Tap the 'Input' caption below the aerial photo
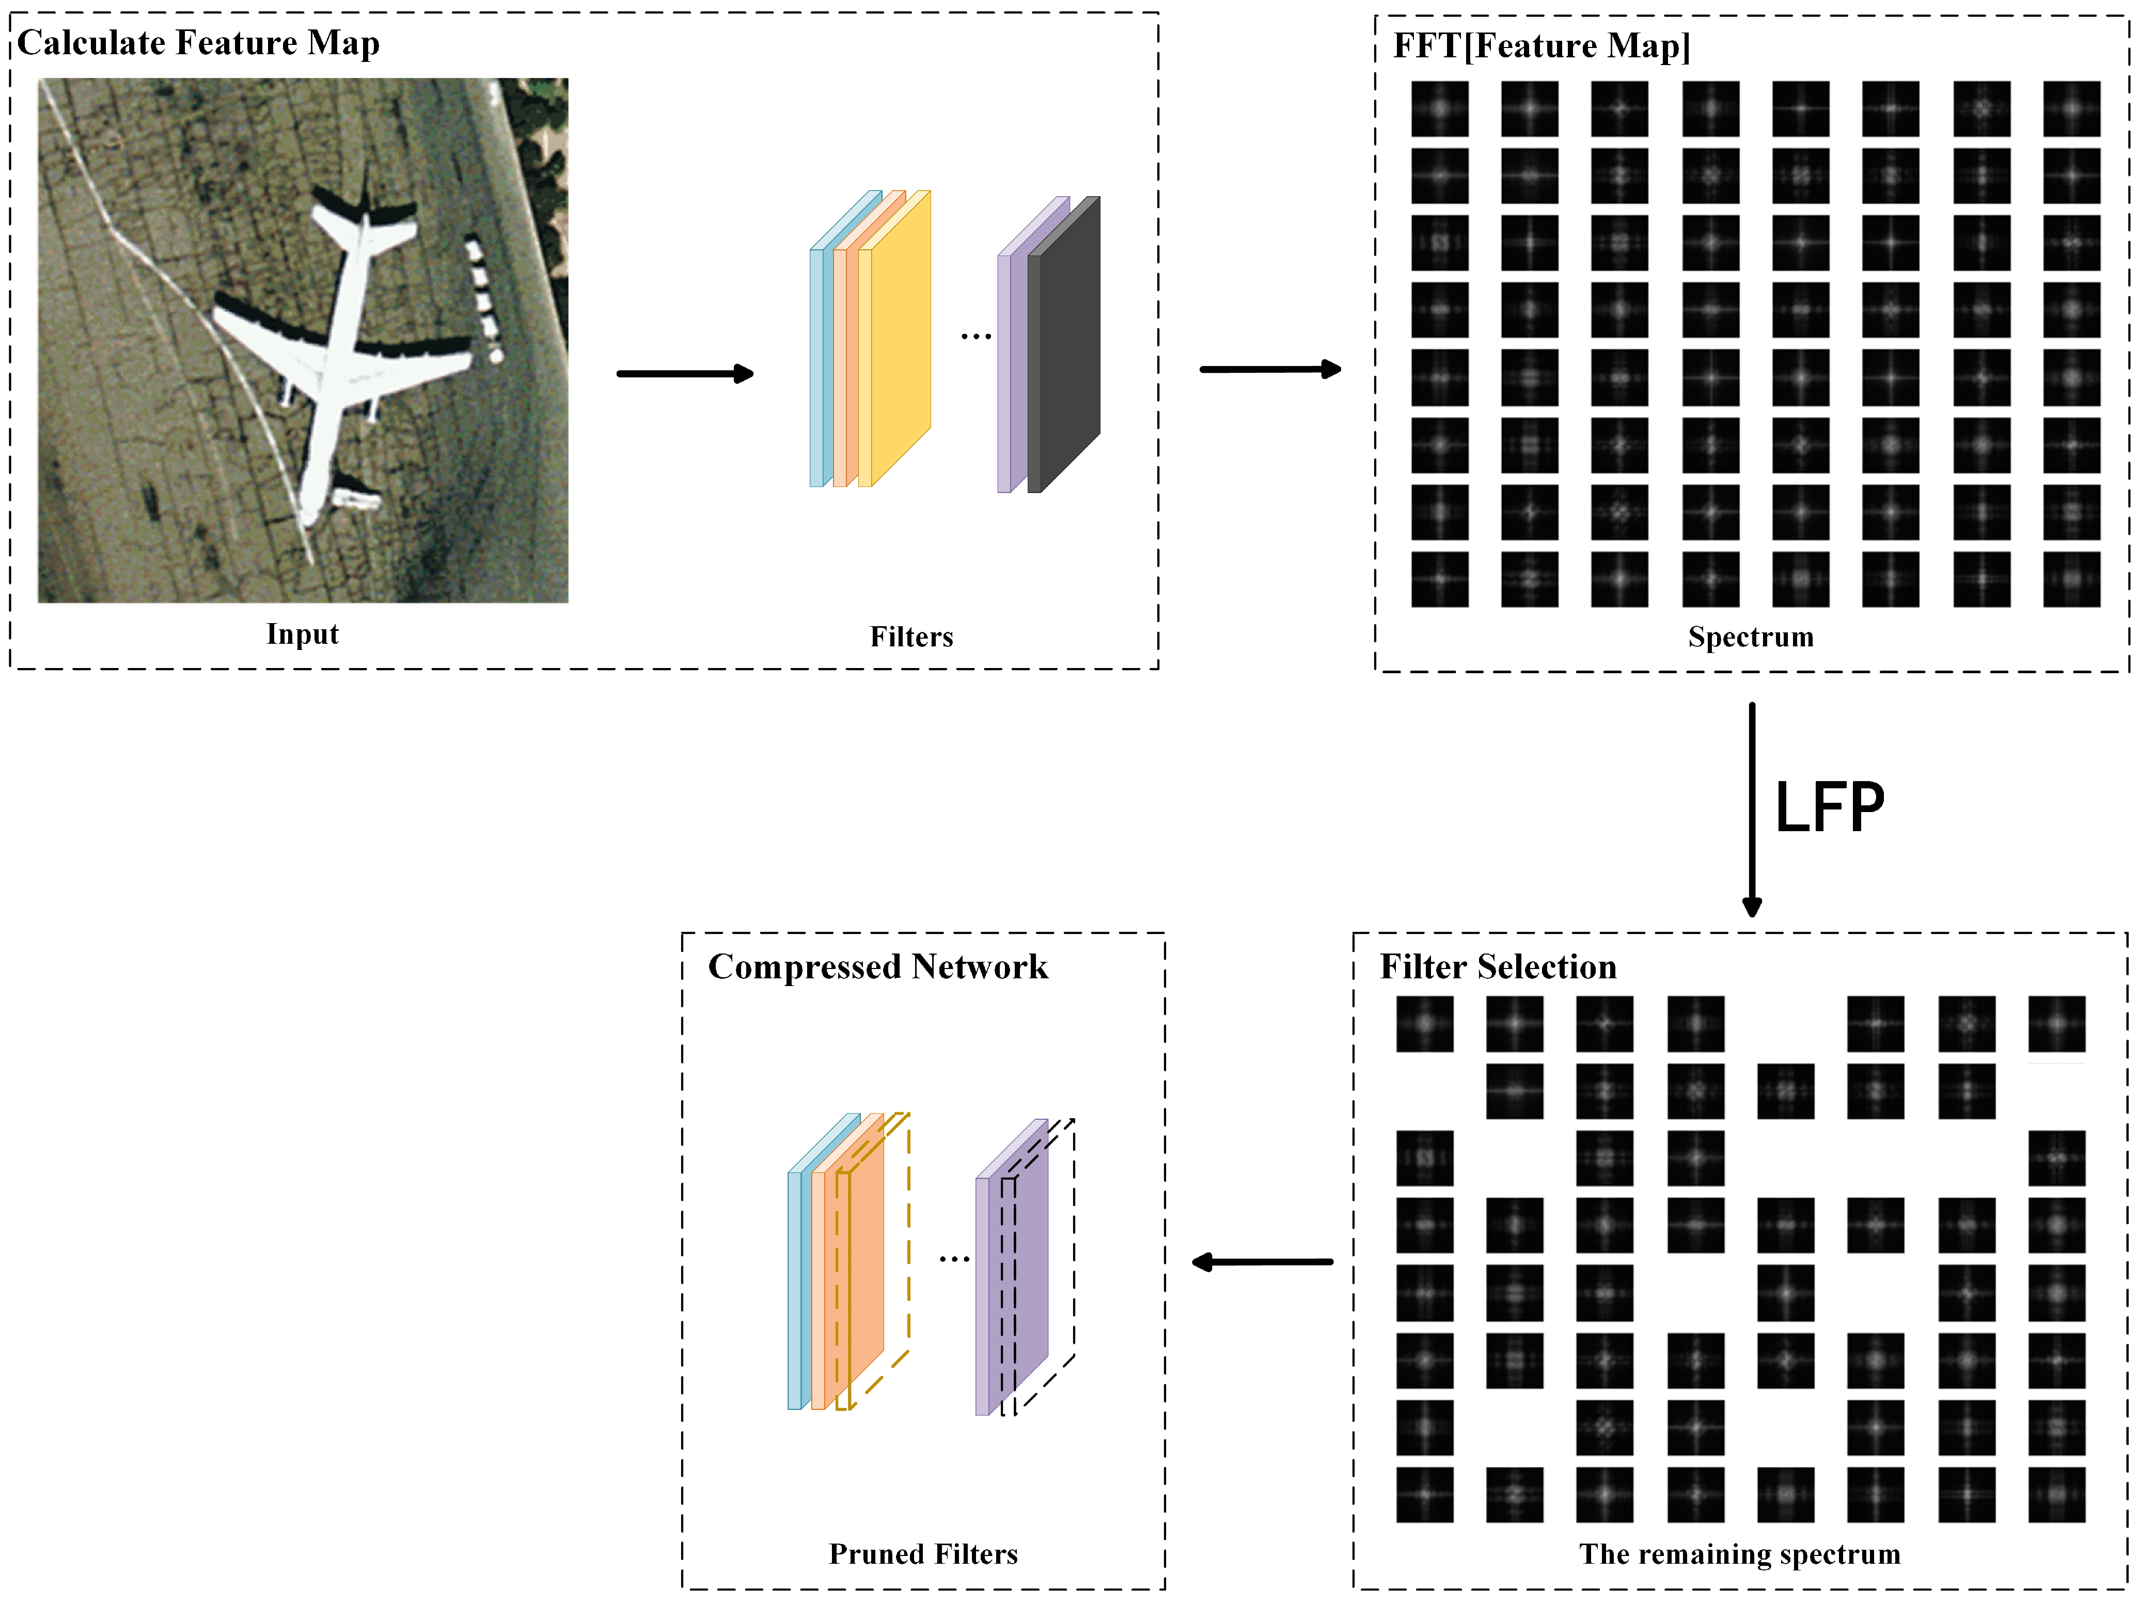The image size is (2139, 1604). point(303,634)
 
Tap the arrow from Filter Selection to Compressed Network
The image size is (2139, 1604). point(1262,1262)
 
